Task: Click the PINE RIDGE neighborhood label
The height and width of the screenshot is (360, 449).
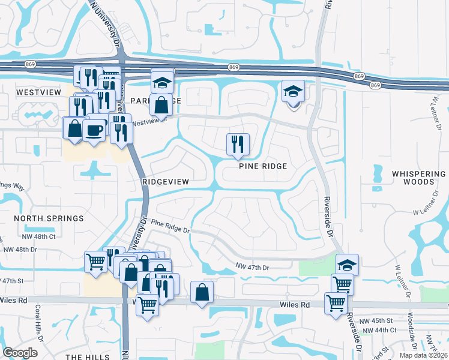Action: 263,166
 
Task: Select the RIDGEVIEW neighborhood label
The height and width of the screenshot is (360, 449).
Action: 166,181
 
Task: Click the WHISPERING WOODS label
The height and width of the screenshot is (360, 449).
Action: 419,178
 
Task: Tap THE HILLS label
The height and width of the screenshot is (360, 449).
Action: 88,357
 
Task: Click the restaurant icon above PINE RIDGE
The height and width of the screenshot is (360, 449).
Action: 237,144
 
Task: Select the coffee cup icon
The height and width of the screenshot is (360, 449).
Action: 94,130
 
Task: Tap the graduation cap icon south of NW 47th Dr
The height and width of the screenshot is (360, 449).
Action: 345,265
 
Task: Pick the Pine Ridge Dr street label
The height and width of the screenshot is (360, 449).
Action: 170,226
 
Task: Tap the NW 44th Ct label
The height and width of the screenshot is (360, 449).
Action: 378,330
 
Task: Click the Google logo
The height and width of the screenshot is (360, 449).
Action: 20,352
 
